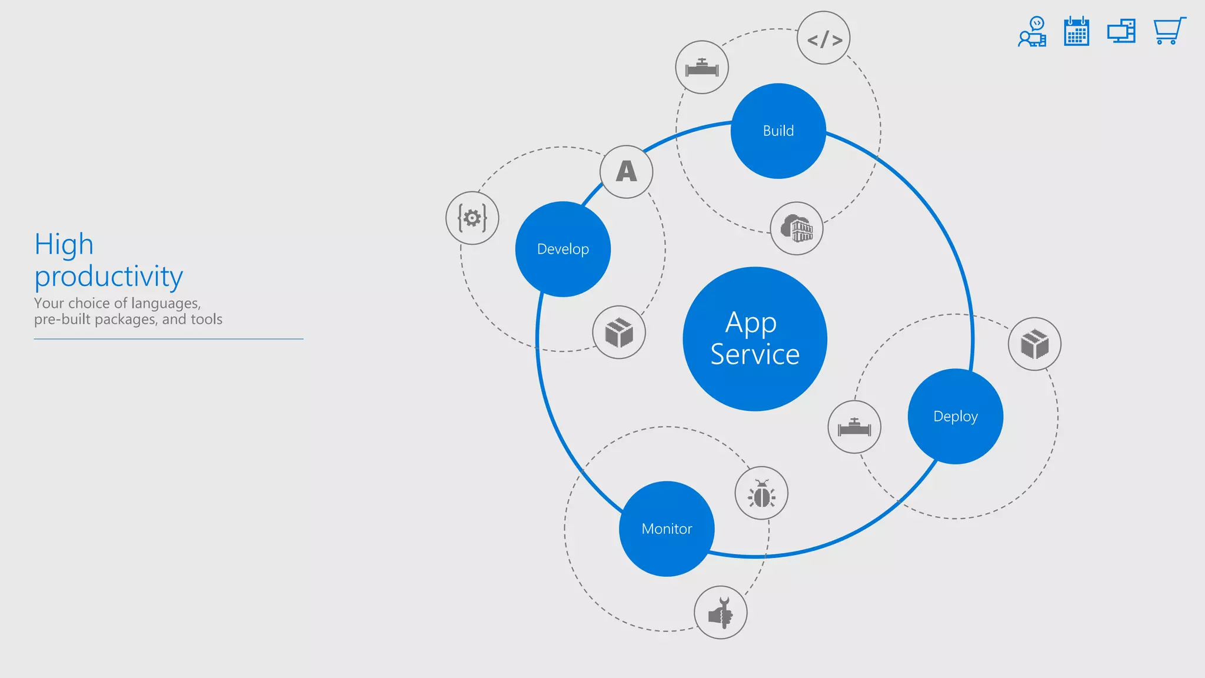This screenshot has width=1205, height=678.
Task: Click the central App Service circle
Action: point(755,339)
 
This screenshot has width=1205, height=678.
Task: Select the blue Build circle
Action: point(778,131)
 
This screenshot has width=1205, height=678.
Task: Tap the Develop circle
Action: point(563,249)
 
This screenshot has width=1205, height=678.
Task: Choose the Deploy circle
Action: point(955,416)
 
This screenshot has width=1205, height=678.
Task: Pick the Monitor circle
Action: point(667,529)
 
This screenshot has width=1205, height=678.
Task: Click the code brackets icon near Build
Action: point(824,38)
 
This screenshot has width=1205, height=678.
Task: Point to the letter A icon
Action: point(627,172)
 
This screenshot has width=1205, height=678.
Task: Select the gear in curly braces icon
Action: point(472,218)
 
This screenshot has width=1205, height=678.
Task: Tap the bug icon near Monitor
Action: point(761,493)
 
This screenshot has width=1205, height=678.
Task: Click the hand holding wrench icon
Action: point(721,612)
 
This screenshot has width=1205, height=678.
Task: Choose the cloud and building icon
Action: point(797,228)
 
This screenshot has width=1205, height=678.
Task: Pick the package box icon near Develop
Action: point(619,332)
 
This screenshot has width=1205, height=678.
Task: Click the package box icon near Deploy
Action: point(1034,344)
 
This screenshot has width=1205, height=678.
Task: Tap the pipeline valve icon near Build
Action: point(702,67)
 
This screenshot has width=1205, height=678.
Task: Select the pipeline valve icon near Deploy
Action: point(854,427)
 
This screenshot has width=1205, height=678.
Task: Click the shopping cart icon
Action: point(1169,31)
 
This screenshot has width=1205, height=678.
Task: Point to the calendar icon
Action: point(1077,31)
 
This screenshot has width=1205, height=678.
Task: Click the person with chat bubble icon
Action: point(1033,32)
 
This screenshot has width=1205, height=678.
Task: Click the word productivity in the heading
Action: point(109,277)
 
